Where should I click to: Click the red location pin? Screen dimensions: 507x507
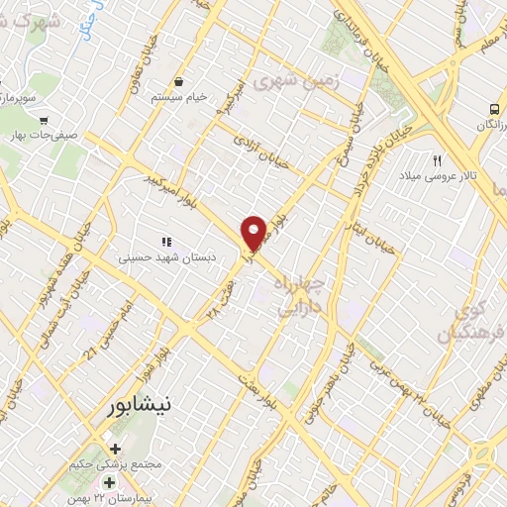[254, 233]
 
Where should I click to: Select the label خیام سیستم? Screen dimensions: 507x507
[177, 97]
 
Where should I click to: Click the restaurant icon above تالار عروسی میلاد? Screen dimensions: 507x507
[436, 159]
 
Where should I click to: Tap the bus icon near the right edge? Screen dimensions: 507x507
[492, 109]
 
